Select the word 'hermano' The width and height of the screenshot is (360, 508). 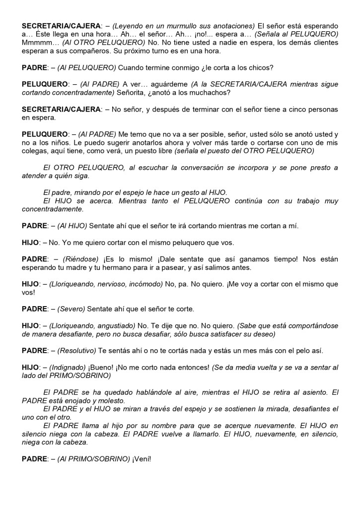(144, 267)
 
